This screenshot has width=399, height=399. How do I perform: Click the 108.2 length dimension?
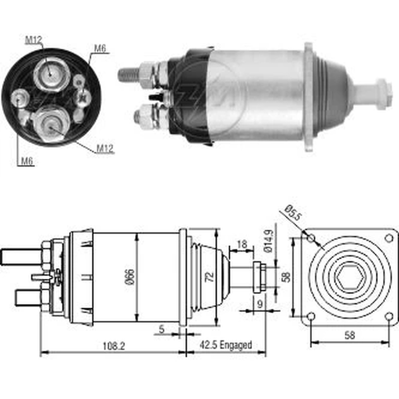(114, 346)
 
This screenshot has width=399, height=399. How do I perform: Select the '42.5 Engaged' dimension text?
(226, 345)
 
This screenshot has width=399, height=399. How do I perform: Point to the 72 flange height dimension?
(209, 277)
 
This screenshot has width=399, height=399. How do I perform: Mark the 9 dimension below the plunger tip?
(260, 304)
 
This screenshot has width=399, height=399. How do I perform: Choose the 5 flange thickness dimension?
(162, 329)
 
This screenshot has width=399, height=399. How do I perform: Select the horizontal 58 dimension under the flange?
(350, 336)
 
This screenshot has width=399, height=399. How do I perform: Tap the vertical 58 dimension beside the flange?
(286, 277)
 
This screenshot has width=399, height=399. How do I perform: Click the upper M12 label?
(34, 40)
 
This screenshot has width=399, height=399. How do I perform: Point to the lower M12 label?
(105, 148)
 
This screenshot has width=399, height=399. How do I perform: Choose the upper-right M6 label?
(100, 48)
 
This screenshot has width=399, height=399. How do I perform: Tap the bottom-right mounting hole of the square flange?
(389, 317)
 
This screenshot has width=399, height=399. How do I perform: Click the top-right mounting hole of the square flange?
(389, 239)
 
